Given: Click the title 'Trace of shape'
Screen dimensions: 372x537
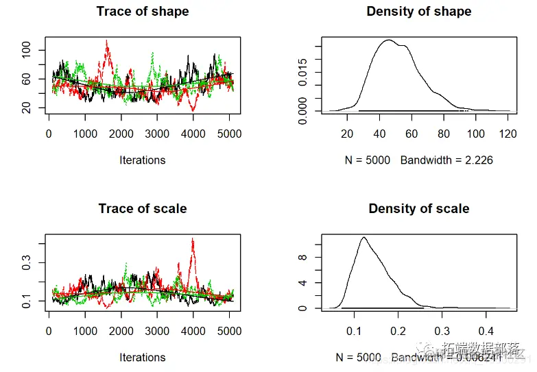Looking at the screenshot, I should click(x=143, y=12).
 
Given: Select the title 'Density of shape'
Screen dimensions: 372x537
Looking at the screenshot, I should click(x=419, y=12).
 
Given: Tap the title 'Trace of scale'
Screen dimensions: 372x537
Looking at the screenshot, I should click(x=143, y=209).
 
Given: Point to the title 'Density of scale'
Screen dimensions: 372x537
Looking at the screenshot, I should click(x=419, y=209).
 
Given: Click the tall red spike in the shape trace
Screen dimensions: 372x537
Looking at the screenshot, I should click(x=106, y=42).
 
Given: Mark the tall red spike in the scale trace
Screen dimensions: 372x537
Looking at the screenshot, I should click(x=193, y=240).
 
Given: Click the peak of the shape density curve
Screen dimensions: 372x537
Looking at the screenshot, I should click(x=388, y=40).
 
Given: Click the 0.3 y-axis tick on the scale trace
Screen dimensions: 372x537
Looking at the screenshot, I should click(x=27, y=263).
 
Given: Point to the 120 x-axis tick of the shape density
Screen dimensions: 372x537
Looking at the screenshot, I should click(x=508, y=134).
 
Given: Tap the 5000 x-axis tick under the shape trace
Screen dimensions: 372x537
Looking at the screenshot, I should click(x=229, y=134).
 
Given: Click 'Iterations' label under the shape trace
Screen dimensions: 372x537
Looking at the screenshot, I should click(x=143, y=160).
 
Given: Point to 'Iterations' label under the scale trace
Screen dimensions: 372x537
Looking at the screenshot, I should click(x=143, y=358).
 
